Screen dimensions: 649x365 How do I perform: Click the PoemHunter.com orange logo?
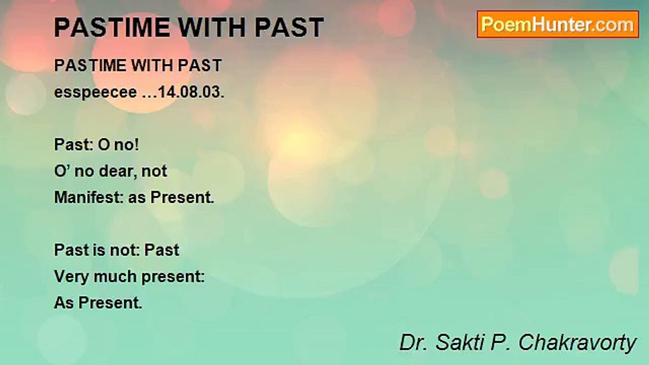point(558,24)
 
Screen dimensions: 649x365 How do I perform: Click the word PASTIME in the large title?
point(112,27)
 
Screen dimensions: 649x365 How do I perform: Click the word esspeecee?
point(95,93)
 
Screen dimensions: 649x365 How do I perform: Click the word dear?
point(118,171)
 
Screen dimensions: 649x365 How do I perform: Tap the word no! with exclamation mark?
point(127,144)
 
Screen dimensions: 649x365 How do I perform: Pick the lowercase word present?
point(173,277)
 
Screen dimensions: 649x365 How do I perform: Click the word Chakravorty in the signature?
point(577,343)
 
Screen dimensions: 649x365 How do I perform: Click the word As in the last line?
point(64,303)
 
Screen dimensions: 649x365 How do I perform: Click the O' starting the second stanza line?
point(61,171)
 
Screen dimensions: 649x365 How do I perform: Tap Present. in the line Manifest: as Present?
point(182,197)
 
